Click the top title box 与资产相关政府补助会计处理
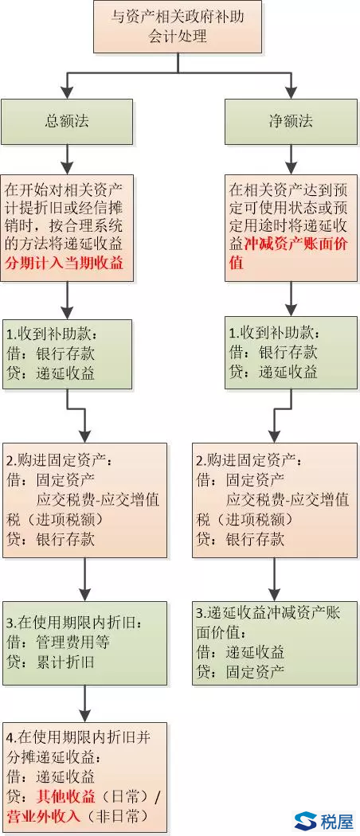click(x=178, y=26)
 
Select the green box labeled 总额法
click(x=67, y=122)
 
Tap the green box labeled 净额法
click(x=291, y=122)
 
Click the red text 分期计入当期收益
click(x=64, y=264)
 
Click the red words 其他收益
click(x=66, y=796)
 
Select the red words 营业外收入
click(x=43, y=815)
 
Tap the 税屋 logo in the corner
click(x=324, y=822)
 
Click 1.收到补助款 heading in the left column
click(x=52, y=334)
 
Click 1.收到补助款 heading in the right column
click(x=276, y=334)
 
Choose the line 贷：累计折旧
click(x=51, y=662)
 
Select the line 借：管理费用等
click(x=58, y=643)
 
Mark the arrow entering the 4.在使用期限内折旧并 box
click(x=84, y=703)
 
